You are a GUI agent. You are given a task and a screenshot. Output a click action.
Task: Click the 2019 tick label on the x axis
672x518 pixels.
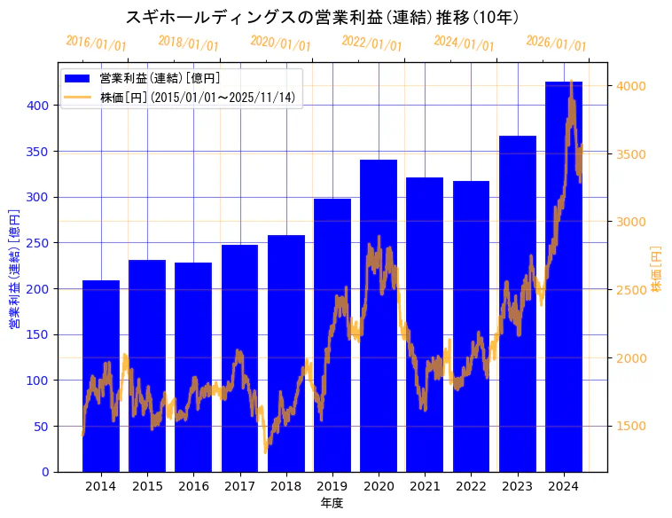332,486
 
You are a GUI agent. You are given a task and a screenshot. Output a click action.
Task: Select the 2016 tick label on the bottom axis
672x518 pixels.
193,486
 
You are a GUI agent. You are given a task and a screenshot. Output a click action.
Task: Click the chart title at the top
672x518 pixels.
323,17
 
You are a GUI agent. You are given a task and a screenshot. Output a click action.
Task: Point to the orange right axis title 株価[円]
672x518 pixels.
657,270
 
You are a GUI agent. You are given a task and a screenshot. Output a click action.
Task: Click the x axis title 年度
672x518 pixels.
332,503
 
